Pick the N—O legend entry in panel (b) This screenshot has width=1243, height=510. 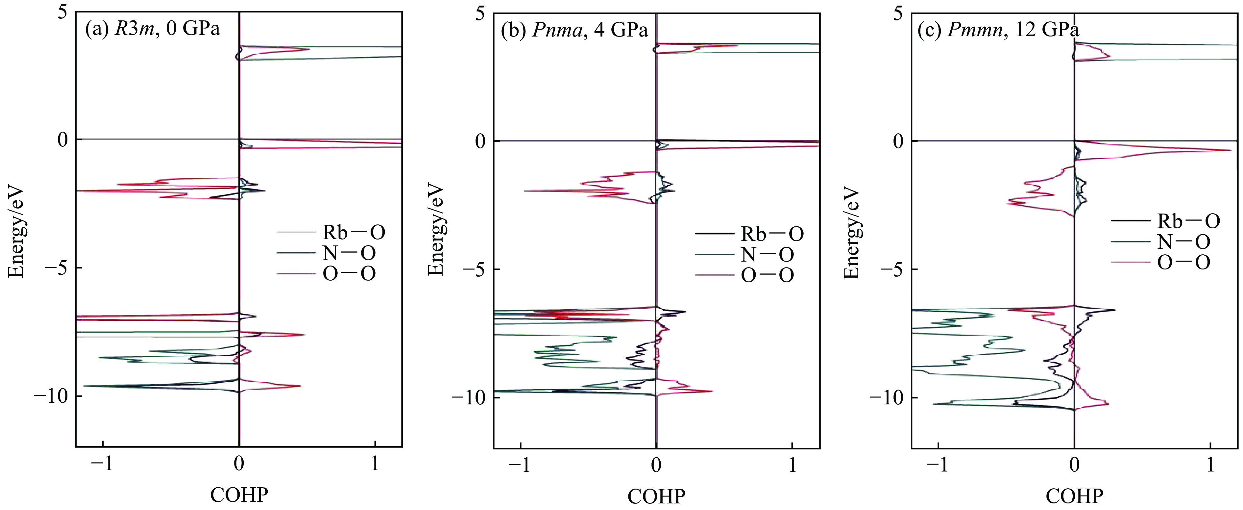767,255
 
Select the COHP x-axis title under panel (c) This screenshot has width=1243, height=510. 1074,496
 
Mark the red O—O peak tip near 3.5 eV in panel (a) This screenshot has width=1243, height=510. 309,49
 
